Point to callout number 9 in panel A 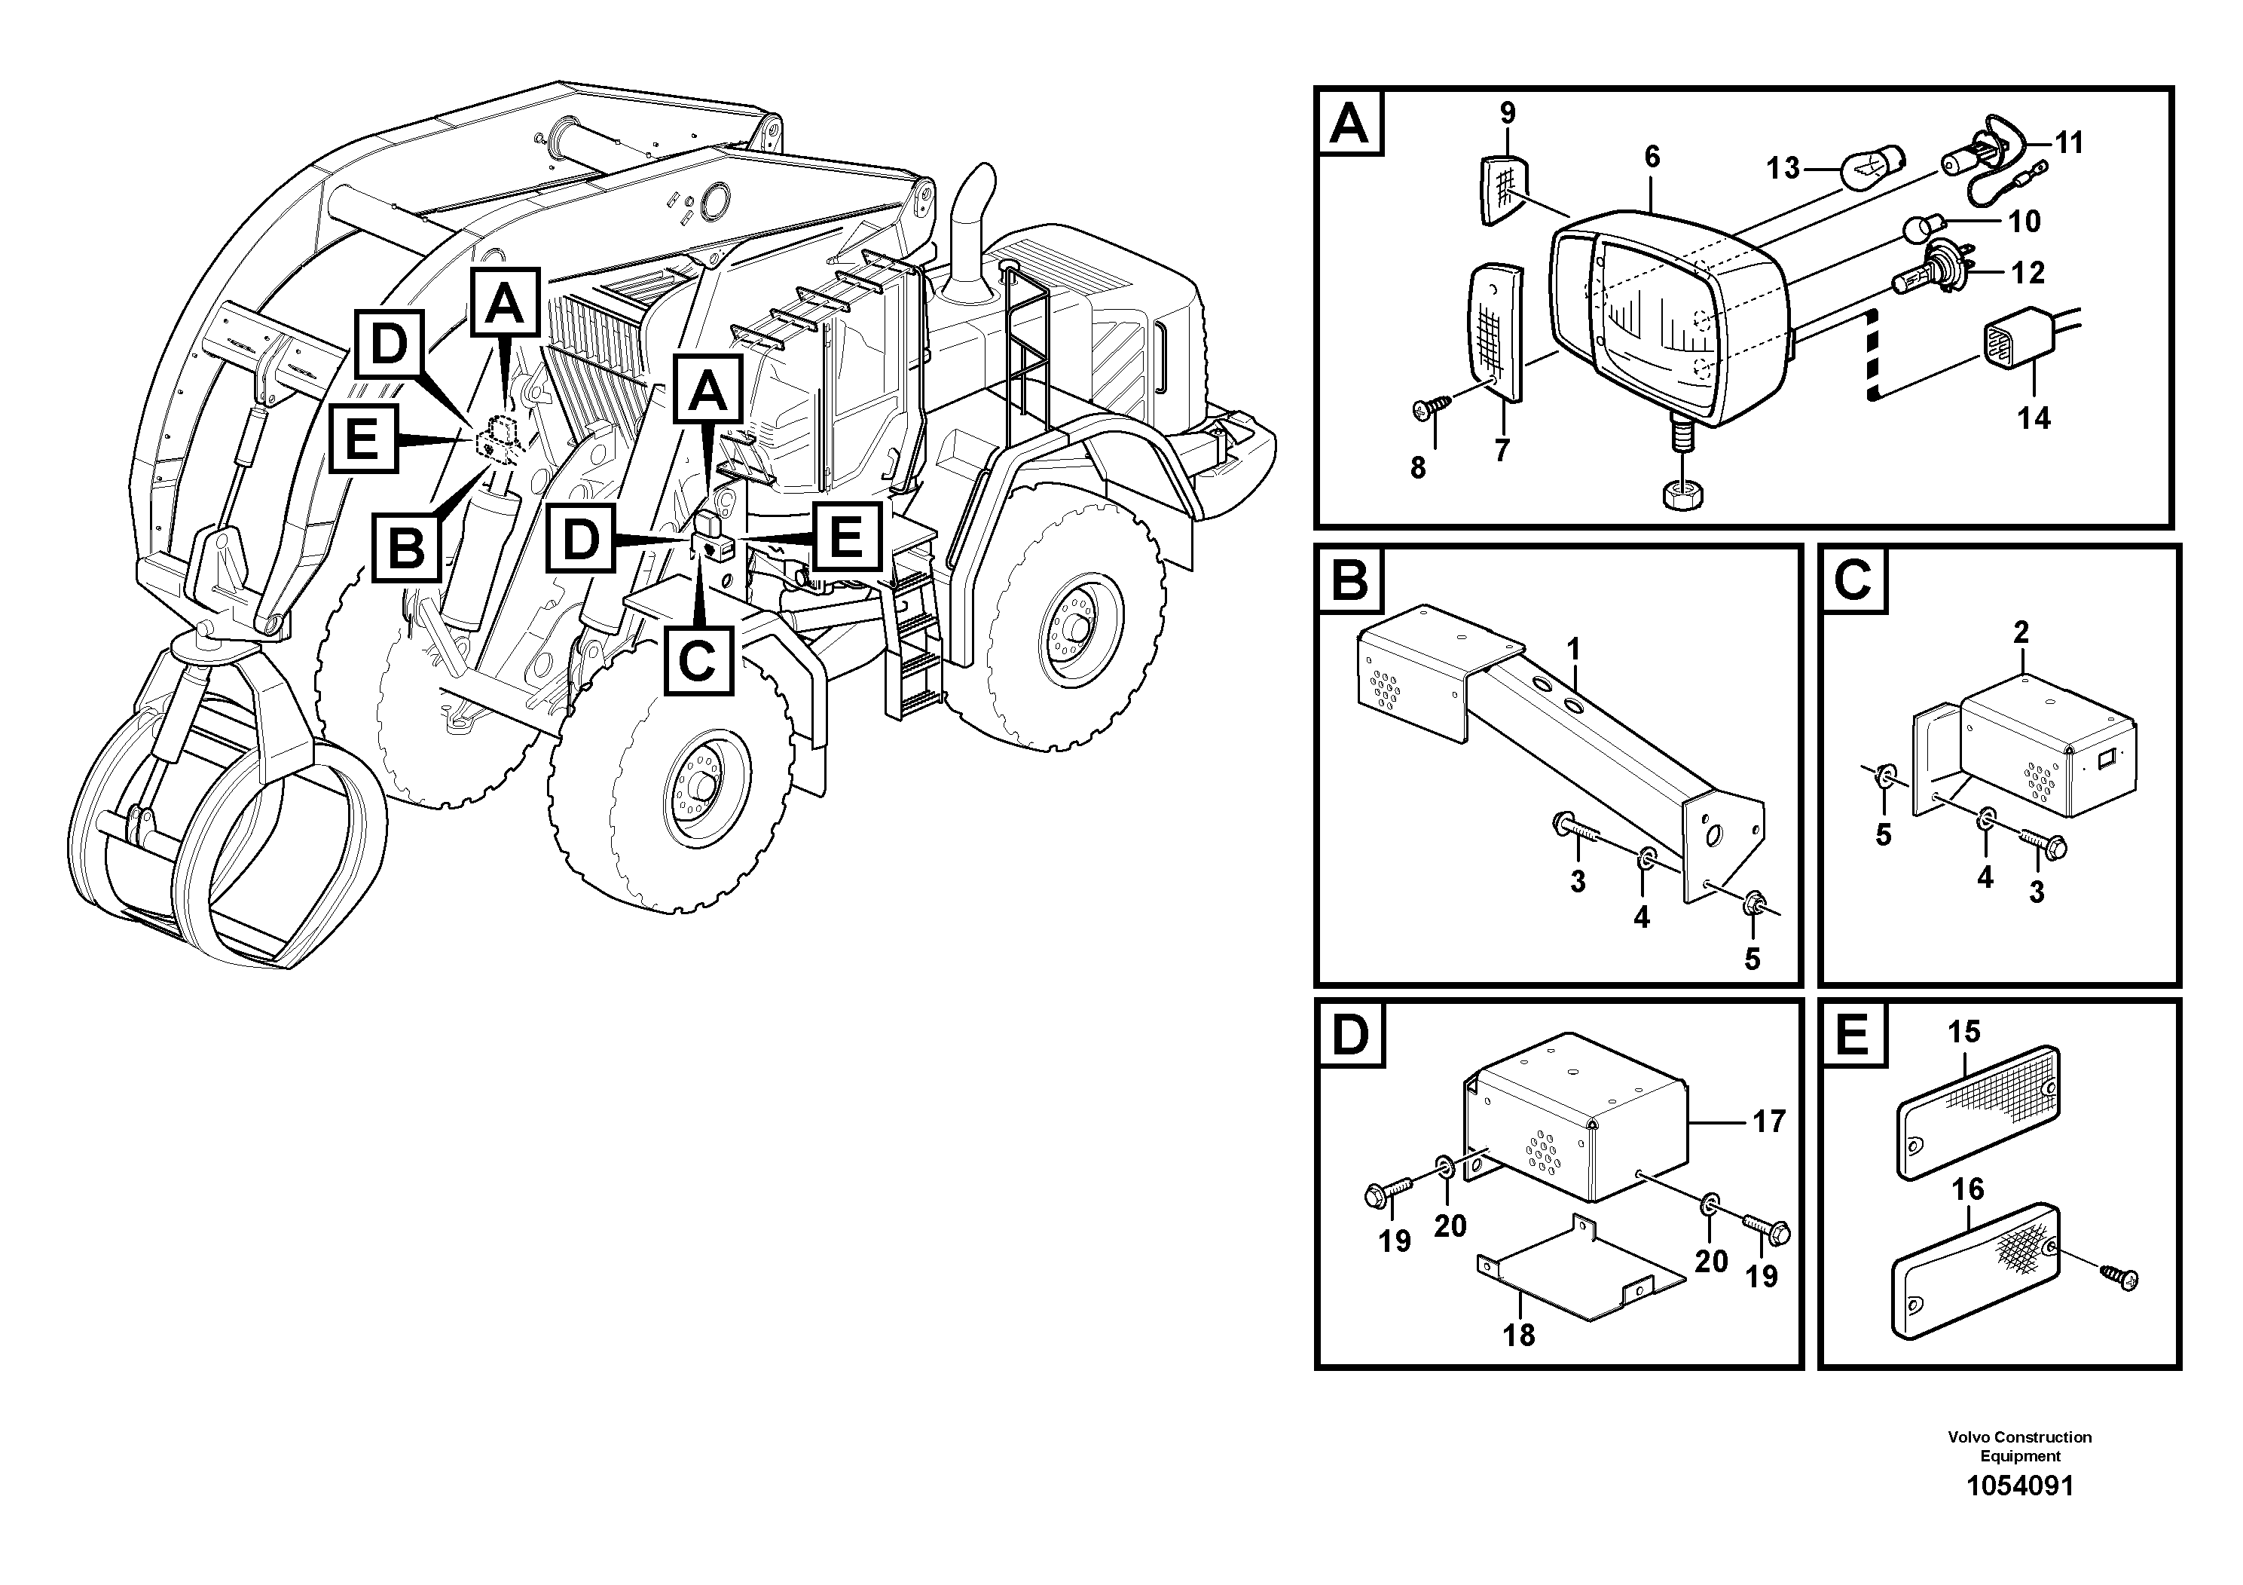1508,113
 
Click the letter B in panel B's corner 1351,580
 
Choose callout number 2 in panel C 2021,632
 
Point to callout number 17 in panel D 1768,1121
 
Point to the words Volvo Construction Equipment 2019,1446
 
